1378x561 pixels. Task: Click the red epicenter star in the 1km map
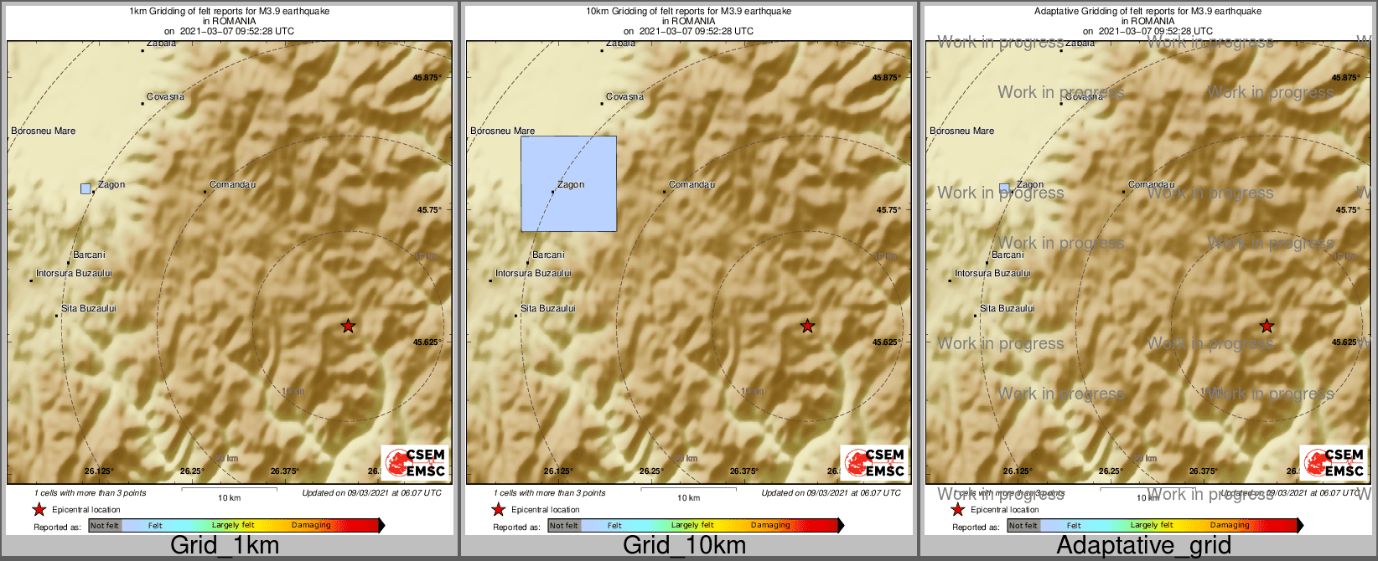(348, 326)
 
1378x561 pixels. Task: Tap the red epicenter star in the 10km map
(807, 326)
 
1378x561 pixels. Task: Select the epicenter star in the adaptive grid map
(1267, 326)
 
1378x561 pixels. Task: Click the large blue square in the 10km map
(568, 183)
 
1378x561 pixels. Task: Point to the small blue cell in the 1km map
(85, 188)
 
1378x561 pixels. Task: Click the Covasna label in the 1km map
(165, 97)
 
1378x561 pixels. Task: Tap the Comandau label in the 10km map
(692, 184)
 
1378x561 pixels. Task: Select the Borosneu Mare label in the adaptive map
(961, 131)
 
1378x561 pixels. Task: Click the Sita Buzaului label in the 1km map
(88, 309)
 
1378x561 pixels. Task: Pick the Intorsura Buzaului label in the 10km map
(533, 274)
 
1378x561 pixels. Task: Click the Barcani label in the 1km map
(89, 255)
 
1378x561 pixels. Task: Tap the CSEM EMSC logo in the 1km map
(414, 462)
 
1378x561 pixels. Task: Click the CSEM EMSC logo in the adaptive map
(1333, 462)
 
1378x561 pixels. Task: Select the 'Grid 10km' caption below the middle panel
(684, 546)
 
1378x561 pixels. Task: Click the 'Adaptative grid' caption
(1143, 546)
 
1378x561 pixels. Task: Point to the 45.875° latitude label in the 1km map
(427, 78)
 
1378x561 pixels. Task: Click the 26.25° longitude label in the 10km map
(651, 471)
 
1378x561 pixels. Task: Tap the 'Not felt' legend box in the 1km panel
(105, 526)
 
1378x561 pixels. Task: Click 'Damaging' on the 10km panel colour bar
(770, 526)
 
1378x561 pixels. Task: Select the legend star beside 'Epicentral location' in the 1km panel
(39, 510)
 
